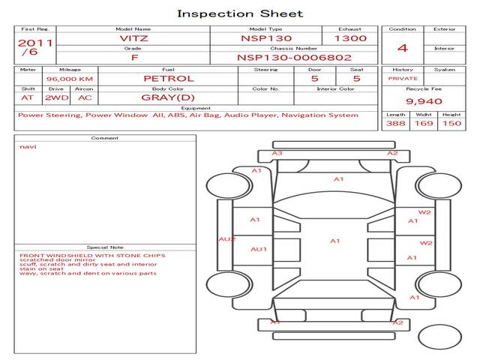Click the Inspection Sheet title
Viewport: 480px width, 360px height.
[240, 13]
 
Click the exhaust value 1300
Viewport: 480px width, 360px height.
[350, 37]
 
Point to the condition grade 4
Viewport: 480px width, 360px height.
[403, 48]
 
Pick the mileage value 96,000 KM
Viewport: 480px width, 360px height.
[69, 79]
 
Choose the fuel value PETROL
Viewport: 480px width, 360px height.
[169, 78]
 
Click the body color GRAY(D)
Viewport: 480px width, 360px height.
[168, 97]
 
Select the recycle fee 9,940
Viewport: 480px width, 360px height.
[424, 101]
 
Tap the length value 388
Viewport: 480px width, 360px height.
[396, 124]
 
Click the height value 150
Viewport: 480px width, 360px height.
[451, 124]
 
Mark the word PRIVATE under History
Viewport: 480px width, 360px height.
[403, 78]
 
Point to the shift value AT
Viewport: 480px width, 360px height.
[27, 97]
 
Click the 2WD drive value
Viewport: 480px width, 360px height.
[54, 97]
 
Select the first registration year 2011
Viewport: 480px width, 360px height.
[34, 43]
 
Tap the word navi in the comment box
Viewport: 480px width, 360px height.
[28, 147]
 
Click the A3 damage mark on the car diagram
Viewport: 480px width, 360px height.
[277, 153]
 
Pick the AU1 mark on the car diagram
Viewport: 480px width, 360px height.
[259, 249]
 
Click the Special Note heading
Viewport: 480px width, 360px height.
[105, 247]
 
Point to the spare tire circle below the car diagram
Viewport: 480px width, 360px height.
[439, 335]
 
